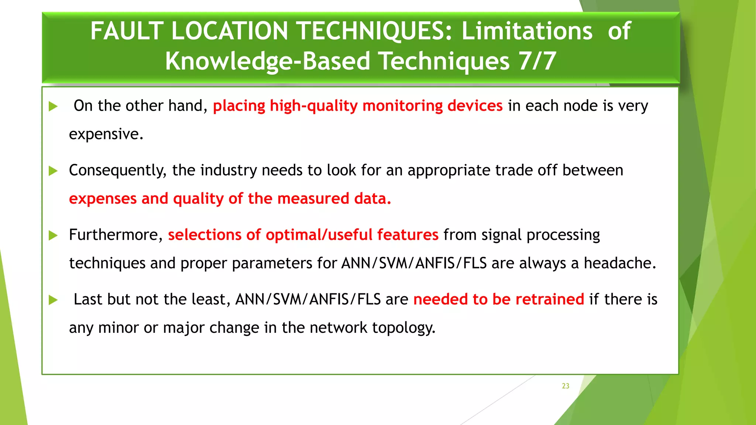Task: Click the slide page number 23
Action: pos(566,386)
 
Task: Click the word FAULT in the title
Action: pos(127,31)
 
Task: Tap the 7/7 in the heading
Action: pos(537,61)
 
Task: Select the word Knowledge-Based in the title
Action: pos(267,61)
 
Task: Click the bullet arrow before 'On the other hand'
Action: pos(54,107)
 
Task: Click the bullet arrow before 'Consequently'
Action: pos(54,171)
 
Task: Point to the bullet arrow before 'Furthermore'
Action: pos(54,235)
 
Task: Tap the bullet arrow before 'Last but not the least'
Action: pos(54,300)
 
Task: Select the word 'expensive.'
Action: pos(106,134)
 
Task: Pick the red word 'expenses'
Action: pos(103,199)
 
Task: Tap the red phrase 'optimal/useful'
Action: pos(319,235)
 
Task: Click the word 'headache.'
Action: pos(620,263)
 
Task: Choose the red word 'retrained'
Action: pos(550,300)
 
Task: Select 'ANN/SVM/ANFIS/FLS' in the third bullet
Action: pos(414,263)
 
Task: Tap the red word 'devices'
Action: pos(475,106)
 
